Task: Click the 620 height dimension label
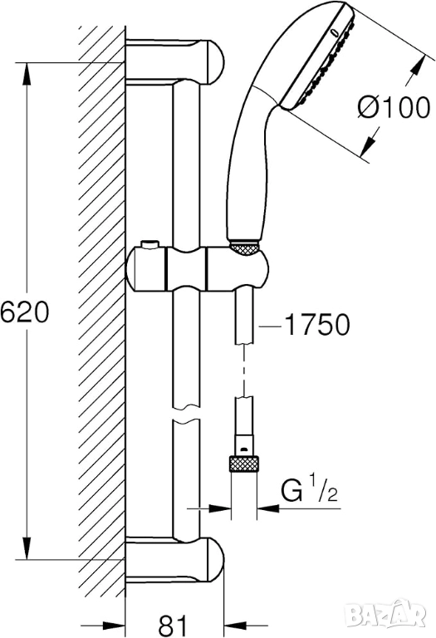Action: tap(24, 312)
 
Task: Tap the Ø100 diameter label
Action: tap(394, 108)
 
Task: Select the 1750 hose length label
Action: tap(316, 325)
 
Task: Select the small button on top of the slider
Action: tap(149, 245)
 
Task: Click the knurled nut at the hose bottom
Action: tap(244, 464)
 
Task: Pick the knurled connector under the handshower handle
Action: tap(244, 248)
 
